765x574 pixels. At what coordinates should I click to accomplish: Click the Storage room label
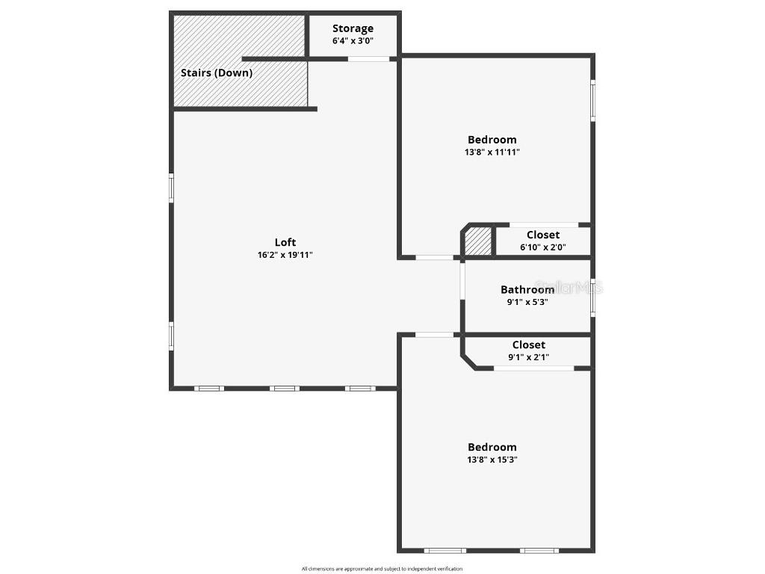353,28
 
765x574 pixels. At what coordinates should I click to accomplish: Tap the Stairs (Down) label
217,72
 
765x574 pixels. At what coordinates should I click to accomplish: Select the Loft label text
285,242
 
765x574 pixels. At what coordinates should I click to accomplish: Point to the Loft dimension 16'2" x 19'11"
285,255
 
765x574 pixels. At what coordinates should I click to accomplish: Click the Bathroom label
527,289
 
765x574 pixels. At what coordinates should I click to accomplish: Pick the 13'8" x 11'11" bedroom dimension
492,152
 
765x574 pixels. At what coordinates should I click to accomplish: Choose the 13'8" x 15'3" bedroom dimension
492,460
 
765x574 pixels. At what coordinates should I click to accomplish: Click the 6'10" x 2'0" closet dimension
542,247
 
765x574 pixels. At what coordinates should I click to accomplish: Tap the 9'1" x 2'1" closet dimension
528,357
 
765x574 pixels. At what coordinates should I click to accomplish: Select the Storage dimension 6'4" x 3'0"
353,41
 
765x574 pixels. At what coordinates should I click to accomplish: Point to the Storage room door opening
368,59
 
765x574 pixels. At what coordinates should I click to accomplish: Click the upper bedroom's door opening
435,257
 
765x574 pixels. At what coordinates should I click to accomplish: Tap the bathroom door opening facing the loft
462,280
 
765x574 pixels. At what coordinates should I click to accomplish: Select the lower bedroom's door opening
434,335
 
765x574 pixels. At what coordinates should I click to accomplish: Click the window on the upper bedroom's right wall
592,100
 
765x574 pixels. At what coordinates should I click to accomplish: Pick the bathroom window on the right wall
592,297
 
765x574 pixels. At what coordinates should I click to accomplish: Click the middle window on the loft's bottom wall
285,389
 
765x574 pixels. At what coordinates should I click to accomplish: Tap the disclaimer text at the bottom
382,569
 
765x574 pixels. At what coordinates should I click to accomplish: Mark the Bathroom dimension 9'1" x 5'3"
527,302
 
